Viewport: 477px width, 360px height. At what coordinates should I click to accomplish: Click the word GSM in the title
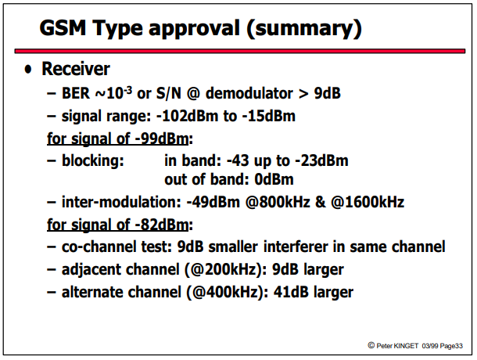(63, 27)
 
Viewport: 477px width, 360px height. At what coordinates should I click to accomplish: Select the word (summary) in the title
(304, 29)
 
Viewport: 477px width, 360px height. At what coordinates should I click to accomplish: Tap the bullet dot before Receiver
(28, 70)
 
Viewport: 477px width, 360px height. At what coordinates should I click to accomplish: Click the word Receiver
(76, 69)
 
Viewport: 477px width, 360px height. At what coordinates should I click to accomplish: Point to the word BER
(76, 93)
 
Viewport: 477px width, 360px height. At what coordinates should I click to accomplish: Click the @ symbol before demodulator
(193, 93)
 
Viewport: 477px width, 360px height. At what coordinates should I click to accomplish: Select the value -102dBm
(187, 116)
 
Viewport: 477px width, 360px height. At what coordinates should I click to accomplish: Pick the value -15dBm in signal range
(269, 116)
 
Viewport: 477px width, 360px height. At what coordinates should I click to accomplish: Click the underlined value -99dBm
(162, 139)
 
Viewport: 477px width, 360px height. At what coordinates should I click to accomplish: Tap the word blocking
(93, 160)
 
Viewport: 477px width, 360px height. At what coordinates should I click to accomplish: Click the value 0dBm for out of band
(274, 179)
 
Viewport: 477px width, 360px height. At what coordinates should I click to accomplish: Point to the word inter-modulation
(121, 202)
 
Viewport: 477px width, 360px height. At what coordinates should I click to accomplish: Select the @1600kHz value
(368, 202)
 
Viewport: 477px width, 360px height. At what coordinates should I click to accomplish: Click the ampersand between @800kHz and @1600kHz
(320, 202)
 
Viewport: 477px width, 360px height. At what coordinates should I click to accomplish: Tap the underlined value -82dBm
(162, 225)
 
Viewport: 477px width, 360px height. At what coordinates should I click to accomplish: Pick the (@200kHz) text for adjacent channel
(226, 270)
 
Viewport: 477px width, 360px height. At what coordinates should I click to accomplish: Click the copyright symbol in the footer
(371, 345)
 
